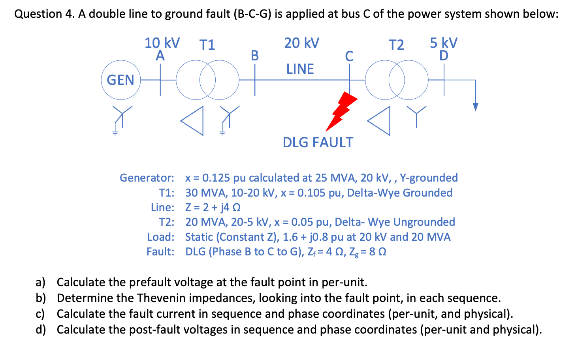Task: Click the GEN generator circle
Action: (x=120, y=80)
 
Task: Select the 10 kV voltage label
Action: (x=162, y=43)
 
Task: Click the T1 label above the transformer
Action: (x=207, y=45)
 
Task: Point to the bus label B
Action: (x=255, y=56)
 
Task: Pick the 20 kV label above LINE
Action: (x=301, y=43)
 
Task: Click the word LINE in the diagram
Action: (x=300, y=69)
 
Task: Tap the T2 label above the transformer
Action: (x=396, y=45)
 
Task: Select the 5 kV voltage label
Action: (x=444, y=43)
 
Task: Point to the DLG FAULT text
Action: (x=318, y=142)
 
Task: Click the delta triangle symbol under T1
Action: (x=193, y=120)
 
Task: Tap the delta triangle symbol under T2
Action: (x=380, y=120)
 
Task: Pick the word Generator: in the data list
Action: (x=147, y=178)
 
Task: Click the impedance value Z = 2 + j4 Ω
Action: (x=213, y=208)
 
